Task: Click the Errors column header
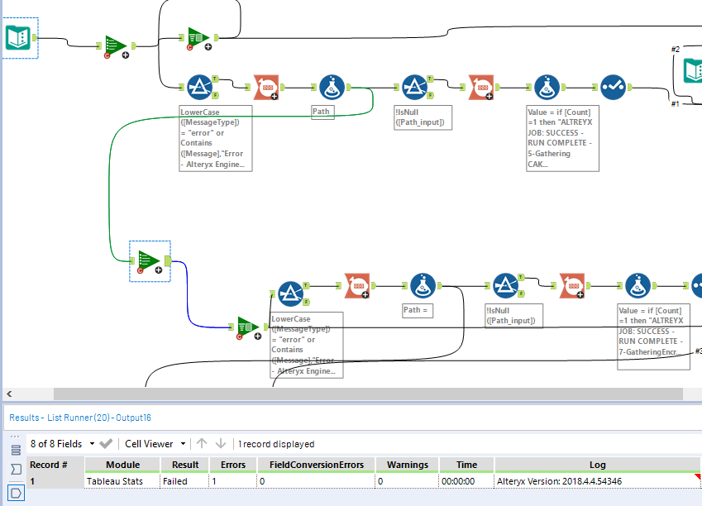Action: (232, 465)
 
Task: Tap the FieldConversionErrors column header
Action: (316, 465)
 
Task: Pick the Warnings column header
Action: (407, 465)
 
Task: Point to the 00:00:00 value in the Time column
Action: (458, 480)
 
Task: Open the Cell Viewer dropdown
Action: (155, 444)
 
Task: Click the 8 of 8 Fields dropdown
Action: (63, 444)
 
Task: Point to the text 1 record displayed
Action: (277, 444)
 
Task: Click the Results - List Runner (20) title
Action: (80, 418)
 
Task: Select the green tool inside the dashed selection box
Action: (149, 261)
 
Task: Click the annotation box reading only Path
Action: (322, 111)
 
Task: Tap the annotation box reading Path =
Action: (418, 310)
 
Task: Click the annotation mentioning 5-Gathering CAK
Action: (562, 137)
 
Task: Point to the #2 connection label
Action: (675, 50)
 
